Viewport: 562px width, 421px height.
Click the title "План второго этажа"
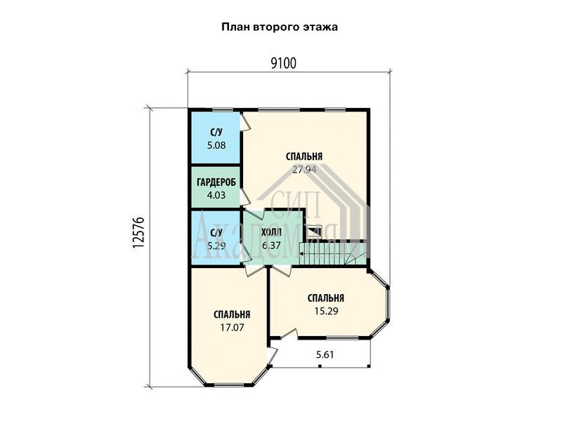(280, 27)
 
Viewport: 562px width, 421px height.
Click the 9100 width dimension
(283, 63)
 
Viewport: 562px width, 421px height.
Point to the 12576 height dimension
(138, 232)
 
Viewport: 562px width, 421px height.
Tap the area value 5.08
(216, 145)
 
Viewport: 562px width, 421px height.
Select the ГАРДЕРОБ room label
(216, 182)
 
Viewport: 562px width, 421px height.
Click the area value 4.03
(216, 195)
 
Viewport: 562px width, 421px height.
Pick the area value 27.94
(304, 169)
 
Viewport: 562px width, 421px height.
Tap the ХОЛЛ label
(271, 233)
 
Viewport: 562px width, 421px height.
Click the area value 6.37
(271, 246)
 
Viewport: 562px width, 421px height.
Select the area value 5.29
(216, 246)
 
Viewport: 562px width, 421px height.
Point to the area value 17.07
(232, 327)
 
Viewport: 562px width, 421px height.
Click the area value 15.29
(326, 311)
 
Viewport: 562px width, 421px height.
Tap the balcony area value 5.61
(325, 354)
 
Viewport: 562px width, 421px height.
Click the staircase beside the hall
(332, 254)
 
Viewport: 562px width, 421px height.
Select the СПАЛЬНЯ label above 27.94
(304, 156)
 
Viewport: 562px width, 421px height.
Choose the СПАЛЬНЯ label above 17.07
(232, 314)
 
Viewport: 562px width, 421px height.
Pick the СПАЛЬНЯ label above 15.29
(326, 298)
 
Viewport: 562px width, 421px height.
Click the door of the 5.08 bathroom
(244, 121)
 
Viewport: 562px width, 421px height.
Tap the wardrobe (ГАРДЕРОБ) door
(245, 197)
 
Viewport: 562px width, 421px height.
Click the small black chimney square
(315, 231)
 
